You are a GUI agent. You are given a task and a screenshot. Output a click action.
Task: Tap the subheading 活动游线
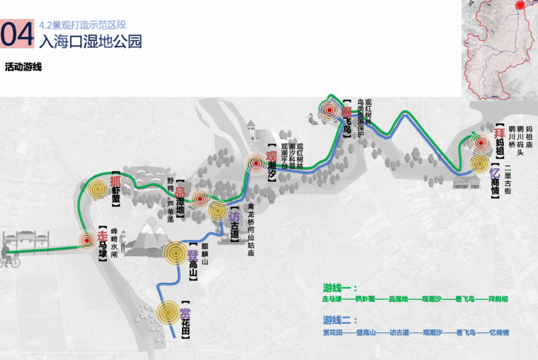pyautogui.click(x=23, y=68)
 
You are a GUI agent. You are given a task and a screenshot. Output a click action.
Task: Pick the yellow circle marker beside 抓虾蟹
pyautogui.click(x=97, y=187)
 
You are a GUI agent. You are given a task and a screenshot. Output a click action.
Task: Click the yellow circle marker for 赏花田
pyautogui.click(x=168, y=312)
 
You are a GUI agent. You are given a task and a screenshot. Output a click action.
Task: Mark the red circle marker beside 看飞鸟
pyautogui.click(x=328, y=110)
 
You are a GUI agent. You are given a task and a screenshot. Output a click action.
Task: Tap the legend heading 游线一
pyautogui.click(x=337, y=288)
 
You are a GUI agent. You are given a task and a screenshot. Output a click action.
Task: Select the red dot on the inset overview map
pyautogui.click(x=521, y=6)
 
